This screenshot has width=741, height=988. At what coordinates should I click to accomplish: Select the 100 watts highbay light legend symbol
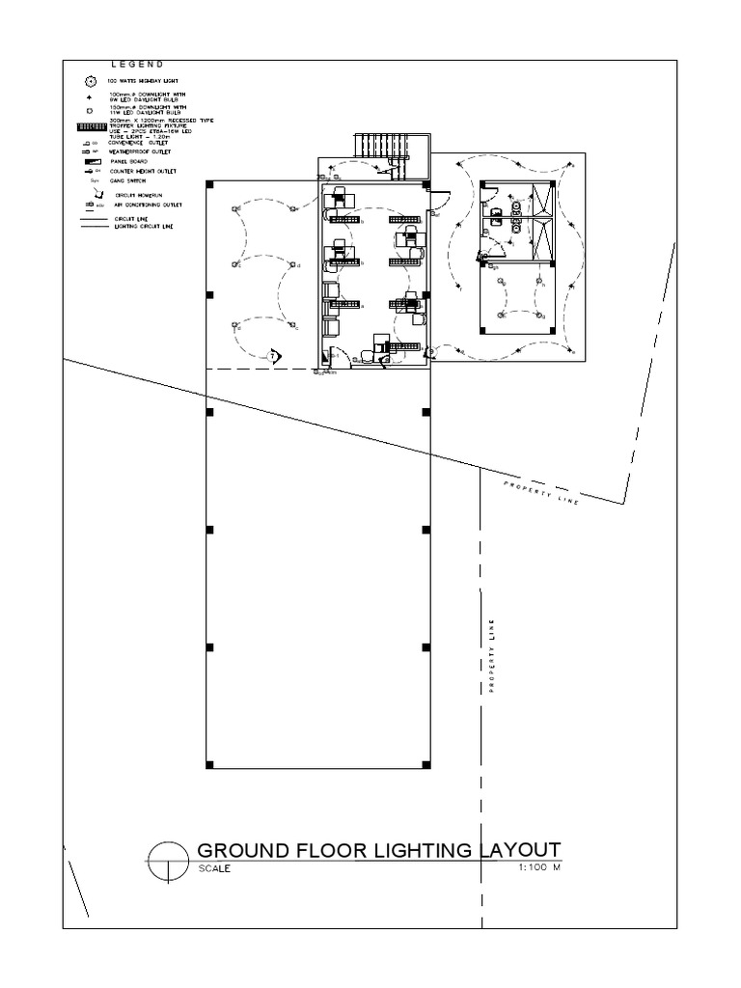coord(92,80)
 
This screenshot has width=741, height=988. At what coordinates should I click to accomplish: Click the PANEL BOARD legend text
coord(132,161)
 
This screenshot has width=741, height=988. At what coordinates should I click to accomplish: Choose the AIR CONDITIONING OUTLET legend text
coord(146,205)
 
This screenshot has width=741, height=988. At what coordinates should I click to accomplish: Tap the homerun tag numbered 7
coord(273,356)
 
